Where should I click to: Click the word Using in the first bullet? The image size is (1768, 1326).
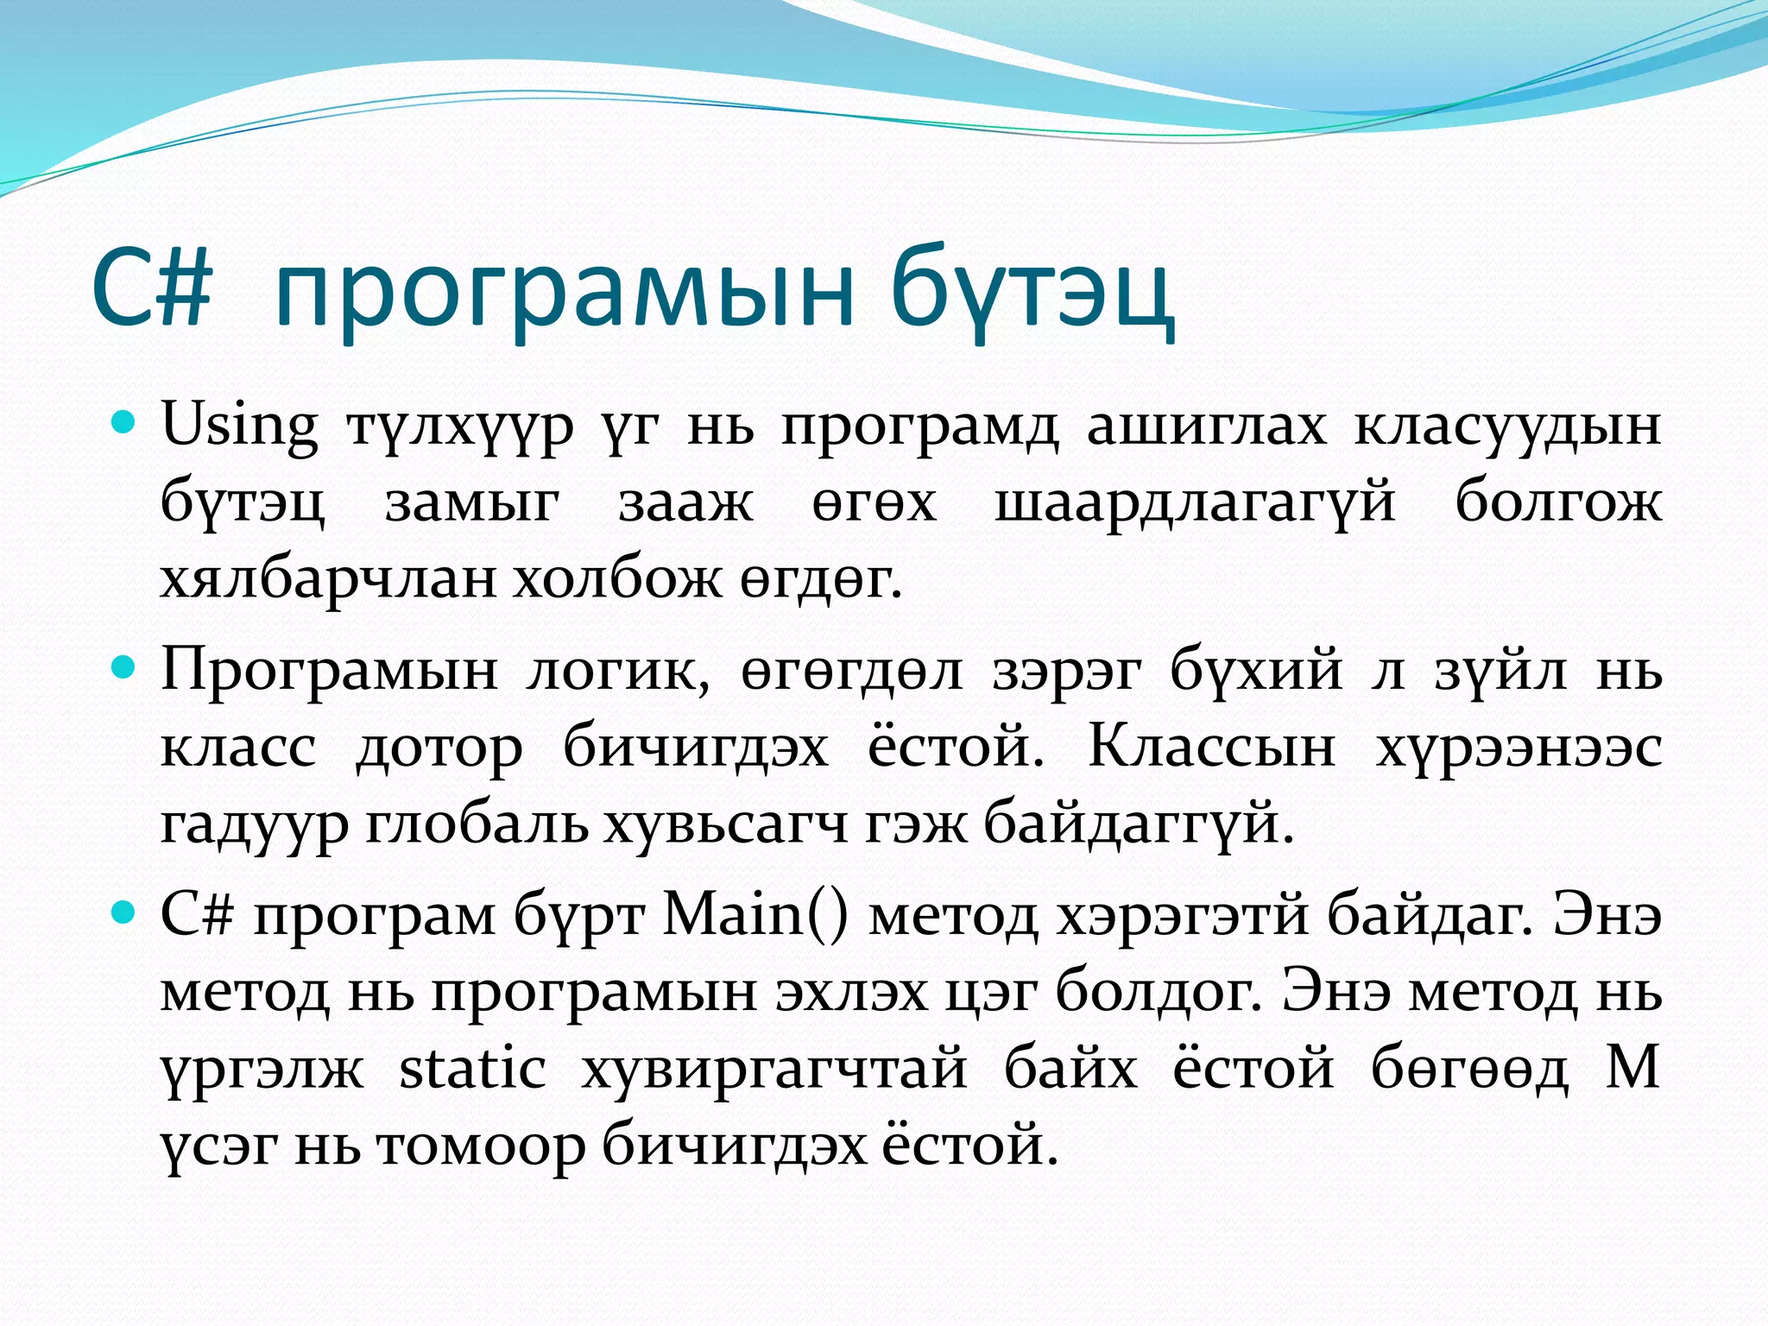(x=240, y=426)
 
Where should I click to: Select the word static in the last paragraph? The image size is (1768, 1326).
(x=472, y=1069)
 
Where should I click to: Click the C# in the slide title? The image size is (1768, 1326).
(x=152, y=289)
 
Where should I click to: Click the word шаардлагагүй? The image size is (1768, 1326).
(x=1195, y=502)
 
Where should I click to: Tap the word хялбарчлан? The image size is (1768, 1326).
(x=329, y=578)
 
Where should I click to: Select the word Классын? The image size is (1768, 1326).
(x=1210, y=746)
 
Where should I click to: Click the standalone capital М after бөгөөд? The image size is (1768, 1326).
(x=1632, y=1068)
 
